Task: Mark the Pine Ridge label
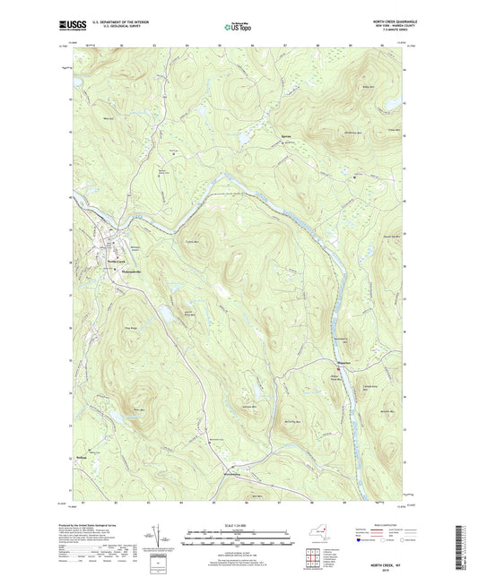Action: [x=131, y=329]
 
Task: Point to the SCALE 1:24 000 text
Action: [x=239, y=524]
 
